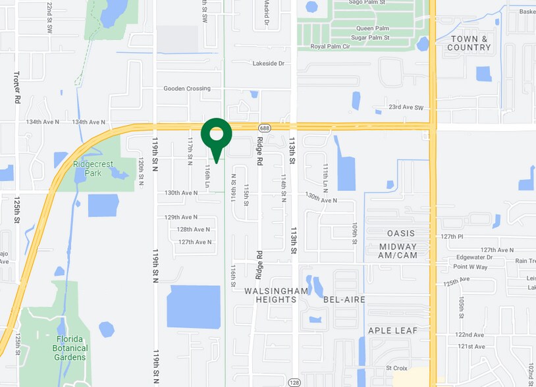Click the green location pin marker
[216, 136]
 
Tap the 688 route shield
[264, 128]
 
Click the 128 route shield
[294, 382]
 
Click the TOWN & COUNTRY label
[469, 43]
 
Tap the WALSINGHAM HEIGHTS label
[276, 295]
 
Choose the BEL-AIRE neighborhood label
[344, 299]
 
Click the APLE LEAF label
[393, 330]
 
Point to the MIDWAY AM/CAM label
[398, 251]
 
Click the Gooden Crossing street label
[187, 88]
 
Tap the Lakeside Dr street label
[268, 63]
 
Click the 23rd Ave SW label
[405, 107]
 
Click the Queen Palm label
[372, 28]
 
